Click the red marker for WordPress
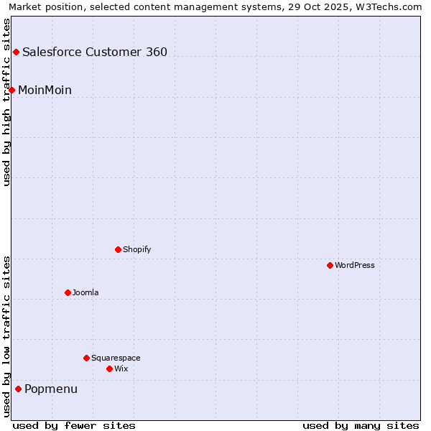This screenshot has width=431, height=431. click(x=330, y=265)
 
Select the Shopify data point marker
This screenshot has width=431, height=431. click(x=118, y=249)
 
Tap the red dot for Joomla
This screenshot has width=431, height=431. click(x=68, y=292)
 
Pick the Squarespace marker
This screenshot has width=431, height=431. click(x=86, y=358)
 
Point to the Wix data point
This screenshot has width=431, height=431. click(x=109, y=369)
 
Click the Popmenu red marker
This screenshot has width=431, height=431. click(x=18, y=389)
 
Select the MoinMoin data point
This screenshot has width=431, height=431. click(x=11, y=90)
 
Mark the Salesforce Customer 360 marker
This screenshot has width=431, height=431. click(x=16, y=52)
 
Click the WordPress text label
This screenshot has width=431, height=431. click(x=355, y=265)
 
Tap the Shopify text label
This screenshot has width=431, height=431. click(x=136, y=249)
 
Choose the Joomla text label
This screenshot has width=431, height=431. click(x=85, y=292)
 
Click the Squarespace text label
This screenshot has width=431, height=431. click(x=116, y=358)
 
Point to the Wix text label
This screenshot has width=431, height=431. click(x=121, y=369)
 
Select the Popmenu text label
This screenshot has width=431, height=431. click(x=51, y=389)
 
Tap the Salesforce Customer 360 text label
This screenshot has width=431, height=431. click(x=95, y=52)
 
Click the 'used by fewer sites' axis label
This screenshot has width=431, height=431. click(x=74, y=425)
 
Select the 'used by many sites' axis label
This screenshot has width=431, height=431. click(x=361, y=425)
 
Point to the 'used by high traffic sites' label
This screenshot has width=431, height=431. click(x=7, y=102)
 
